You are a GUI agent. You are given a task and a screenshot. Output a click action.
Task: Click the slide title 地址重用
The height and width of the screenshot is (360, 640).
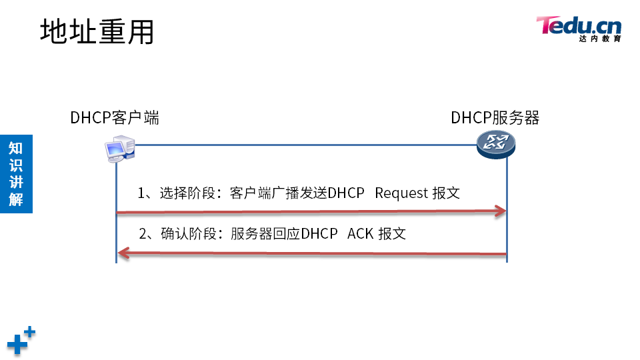pos(97,31)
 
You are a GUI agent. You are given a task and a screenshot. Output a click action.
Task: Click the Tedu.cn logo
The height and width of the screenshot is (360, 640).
pos(578,26)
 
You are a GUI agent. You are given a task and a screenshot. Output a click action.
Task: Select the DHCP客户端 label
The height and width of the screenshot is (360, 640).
pos(115,118)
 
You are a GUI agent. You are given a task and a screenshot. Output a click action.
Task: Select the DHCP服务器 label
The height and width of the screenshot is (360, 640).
pos(495,118)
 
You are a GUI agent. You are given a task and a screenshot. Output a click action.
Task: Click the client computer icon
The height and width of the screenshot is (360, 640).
pos(119,150)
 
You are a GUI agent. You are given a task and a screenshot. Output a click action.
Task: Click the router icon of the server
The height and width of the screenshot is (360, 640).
pos(496,143)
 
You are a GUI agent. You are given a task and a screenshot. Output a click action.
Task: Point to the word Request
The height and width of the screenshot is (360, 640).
pos(401,193)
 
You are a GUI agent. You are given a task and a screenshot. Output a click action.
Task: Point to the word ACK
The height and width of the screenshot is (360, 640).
pos(360,234)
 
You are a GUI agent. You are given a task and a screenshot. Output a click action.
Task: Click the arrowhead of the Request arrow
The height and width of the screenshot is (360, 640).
pos(501,212)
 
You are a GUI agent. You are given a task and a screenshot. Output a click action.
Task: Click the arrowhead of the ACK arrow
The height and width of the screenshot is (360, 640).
pos(123,253)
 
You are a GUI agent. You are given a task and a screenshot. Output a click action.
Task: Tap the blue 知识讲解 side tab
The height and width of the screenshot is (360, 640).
pos(15,173)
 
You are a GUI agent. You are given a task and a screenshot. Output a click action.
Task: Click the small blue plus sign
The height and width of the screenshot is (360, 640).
pos(29,331)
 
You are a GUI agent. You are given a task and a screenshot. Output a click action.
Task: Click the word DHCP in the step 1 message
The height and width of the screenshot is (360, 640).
pos(346,193)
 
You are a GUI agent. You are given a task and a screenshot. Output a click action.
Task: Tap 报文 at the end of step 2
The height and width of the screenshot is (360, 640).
pos(392,234)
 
